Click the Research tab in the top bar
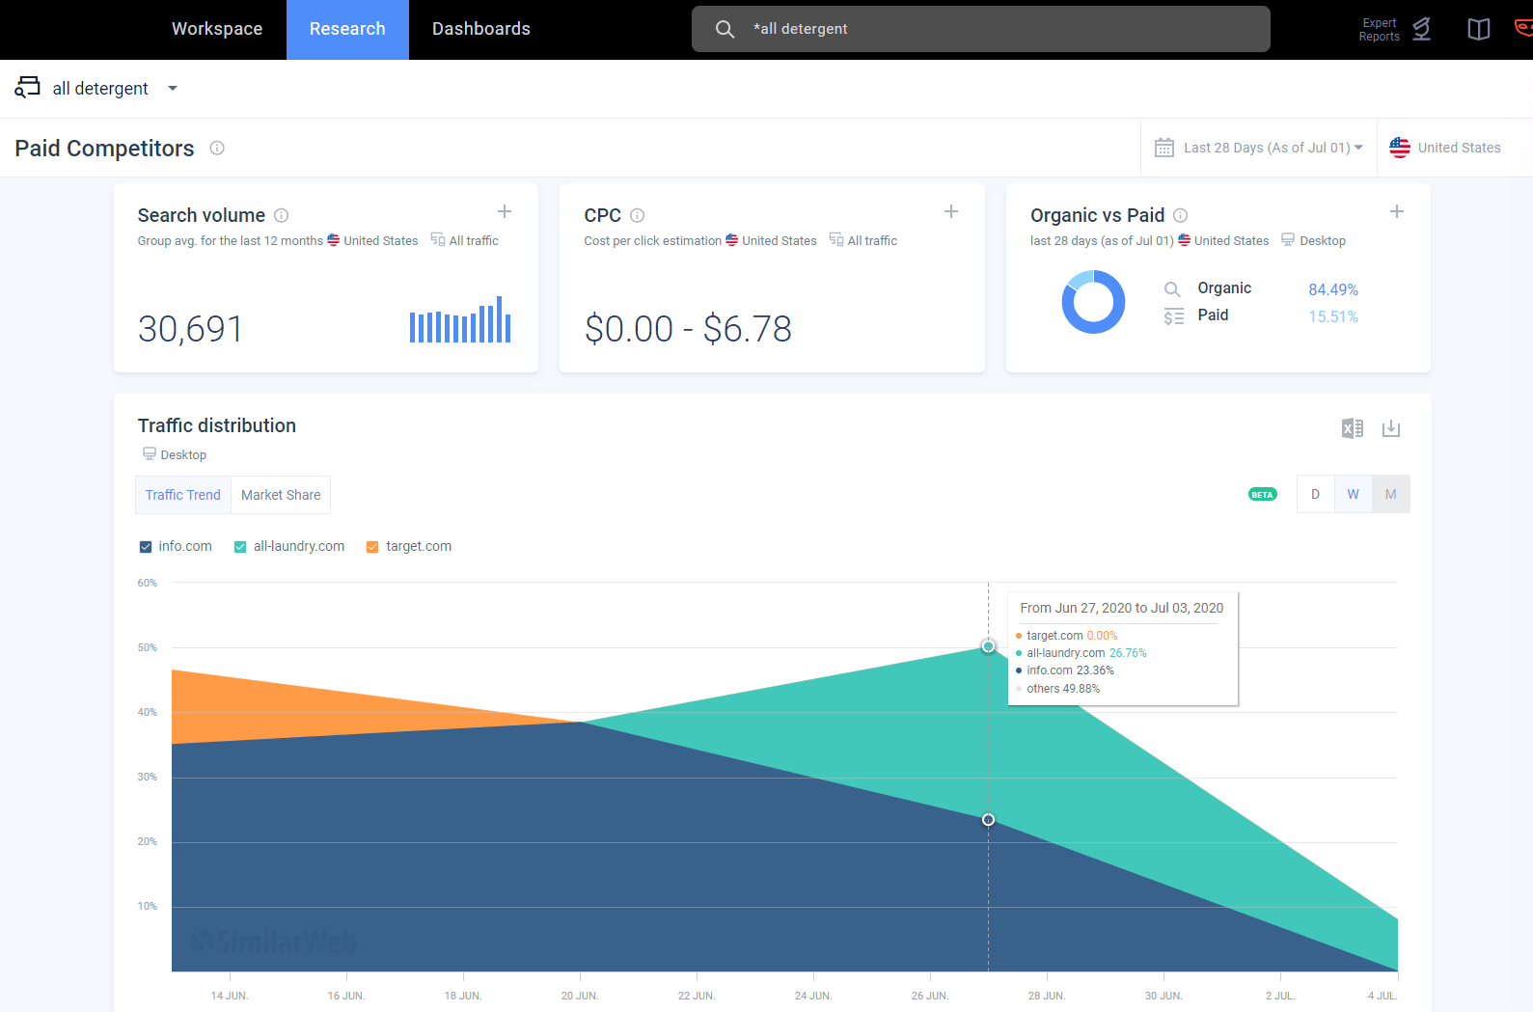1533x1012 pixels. click(347, 29)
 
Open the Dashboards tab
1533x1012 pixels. click(480, 29)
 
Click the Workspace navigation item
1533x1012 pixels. click(217, 29)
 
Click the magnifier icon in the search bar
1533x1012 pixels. click(725, 29)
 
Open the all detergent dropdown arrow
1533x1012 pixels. click(173, 89)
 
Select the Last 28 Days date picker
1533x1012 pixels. click(1259, 148)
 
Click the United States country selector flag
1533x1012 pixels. click(1400, 148)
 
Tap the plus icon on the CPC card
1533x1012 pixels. click(950, 211)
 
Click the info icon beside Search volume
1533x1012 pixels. click(281, 215)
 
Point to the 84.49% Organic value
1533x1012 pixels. click(1332, 289)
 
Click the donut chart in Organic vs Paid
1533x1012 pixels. click(1093, 302)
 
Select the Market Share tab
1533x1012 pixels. click(281, 495)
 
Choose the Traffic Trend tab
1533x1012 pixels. click(183, 495)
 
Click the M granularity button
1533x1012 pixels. click(1390, 494)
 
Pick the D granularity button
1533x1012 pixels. click(1315, 494)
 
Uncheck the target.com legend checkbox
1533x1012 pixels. click(372, 547)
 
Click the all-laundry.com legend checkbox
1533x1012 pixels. click(240, 547)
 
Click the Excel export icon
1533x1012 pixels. click(1352, 428)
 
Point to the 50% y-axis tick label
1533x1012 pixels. click(147, 647)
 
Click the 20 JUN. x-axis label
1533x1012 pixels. click(579, 996)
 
